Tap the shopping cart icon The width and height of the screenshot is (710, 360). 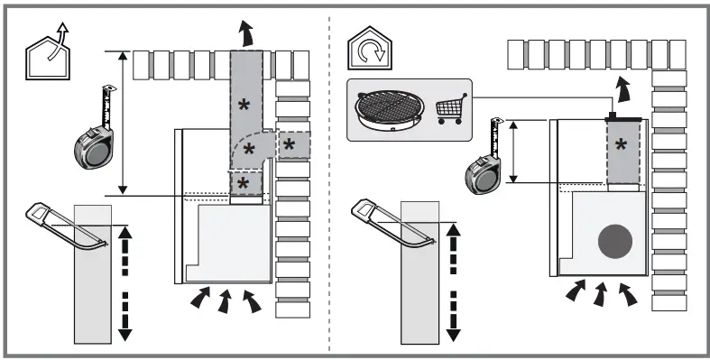point(454,108)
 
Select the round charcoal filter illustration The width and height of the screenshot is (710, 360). point(390,107)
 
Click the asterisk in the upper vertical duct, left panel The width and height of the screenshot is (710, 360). point(244,106)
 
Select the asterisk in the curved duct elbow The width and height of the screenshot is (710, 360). point(249,147)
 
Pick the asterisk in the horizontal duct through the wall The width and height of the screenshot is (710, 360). point(290,143)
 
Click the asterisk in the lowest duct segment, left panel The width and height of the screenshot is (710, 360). point(244,184)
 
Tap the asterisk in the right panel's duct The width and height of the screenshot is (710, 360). point(622,144)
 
